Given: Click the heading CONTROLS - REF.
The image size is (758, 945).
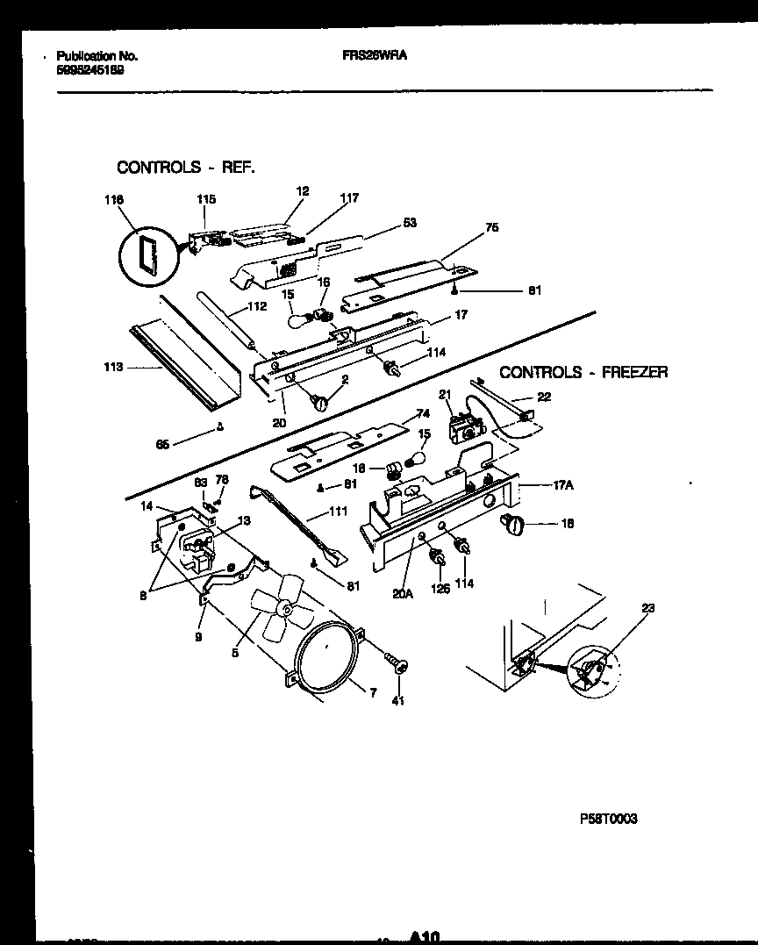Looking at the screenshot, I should click(x=186, y=167).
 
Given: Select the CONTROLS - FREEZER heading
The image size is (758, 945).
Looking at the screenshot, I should click(x=583, y=372).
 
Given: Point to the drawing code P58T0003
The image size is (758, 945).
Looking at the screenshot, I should click(x=608, y=819).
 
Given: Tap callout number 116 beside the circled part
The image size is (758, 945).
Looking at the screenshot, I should click(x=112, y=200).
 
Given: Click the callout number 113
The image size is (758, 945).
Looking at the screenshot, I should click(x=111, y=369).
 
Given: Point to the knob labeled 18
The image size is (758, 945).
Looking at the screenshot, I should click(x=511, y=526).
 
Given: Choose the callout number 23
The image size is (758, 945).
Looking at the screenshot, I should click(x=648, y=607).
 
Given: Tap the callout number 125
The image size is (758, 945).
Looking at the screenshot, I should click(x=440, y=589).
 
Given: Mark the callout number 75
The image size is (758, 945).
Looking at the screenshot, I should click(x=491, y=227).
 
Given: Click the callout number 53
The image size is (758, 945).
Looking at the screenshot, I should click(x=409, y=223).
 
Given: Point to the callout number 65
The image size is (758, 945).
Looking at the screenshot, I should click(x=162, y=444).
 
